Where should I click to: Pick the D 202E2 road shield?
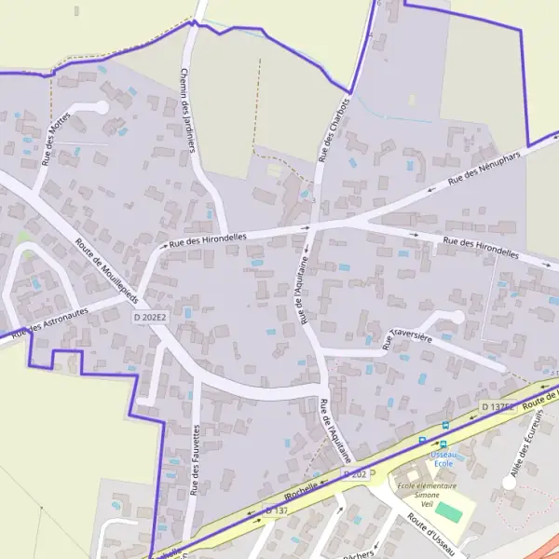[149, 318]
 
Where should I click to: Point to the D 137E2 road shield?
[499, 407]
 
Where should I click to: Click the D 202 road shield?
[355, 474]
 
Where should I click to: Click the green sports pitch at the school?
[450, 511]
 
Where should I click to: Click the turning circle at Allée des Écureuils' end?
[509, 483]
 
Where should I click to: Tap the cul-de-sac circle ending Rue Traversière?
[457, 317]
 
